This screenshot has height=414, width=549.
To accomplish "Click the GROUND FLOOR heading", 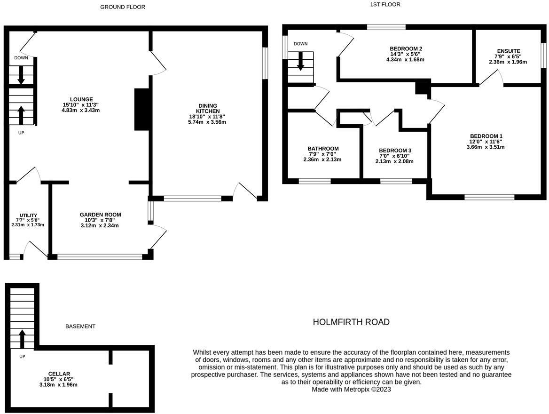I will tap(123, 7).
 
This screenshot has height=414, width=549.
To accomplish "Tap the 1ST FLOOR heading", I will tap(385, 5).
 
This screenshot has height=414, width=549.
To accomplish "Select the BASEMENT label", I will tap(80, 326).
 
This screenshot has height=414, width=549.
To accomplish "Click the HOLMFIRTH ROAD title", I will tap(351, 322).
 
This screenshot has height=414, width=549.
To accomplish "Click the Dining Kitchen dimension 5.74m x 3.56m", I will tap(207, 122).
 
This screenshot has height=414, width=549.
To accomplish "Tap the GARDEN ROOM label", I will tap(100, 215).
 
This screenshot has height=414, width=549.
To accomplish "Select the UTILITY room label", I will tap(28, 215).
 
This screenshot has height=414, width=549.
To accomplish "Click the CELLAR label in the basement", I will tap(59, 374).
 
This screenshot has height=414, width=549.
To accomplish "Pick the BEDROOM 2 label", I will tap(406, 48).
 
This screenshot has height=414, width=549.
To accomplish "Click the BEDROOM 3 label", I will tap(395, 151).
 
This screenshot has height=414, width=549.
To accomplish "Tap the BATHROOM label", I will tap(323, 149).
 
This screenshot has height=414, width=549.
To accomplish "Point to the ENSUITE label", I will tap(509, 51).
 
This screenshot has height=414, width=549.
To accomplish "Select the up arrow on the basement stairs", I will tap(22, 339).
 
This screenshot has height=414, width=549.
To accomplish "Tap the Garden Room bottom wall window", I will tap(100, 257).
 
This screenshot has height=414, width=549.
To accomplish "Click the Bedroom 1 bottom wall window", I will tap(489, 197).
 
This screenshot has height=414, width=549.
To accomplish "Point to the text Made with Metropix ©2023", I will tap(351, 389).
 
